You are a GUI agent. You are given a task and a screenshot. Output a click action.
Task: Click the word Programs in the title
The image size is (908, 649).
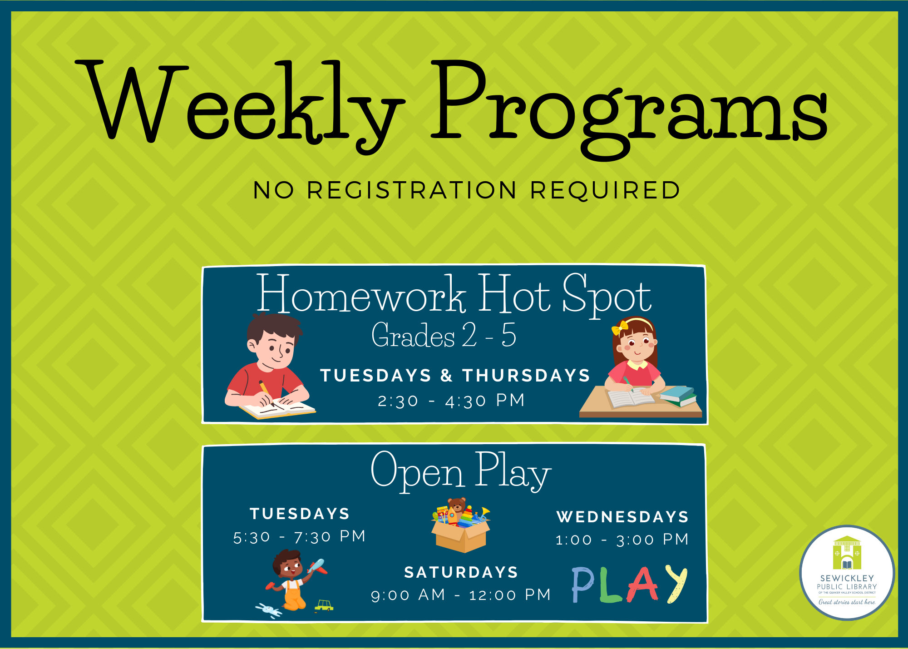point(629,109)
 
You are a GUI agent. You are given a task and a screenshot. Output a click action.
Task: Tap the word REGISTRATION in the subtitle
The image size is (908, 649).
point(412,190)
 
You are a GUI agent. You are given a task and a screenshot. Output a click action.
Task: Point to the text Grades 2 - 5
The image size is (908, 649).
point(444,335)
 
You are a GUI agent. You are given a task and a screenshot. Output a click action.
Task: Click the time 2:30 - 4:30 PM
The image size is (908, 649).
point(451,401)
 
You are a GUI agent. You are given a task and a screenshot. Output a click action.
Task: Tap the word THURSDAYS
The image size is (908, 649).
point(526,376)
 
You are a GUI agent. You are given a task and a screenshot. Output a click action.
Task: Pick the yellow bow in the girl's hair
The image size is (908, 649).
point(620,327)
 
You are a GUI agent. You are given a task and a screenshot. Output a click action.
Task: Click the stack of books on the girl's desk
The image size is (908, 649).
point(678,396)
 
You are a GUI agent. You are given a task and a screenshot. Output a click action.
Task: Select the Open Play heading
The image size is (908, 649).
point(461,471)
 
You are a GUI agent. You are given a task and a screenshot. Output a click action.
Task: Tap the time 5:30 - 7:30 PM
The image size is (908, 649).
point(299,536)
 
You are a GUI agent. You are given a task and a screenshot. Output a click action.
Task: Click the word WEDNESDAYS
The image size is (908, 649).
point(622,517)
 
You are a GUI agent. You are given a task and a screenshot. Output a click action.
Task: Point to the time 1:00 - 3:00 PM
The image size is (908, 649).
point(622,540)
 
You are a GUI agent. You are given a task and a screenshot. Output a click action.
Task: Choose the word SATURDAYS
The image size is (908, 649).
point(461,572)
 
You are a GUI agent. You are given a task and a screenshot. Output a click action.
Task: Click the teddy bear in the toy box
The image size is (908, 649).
point(457,506)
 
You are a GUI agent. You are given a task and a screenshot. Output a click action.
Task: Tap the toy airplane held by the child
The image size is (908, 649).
point(317,567)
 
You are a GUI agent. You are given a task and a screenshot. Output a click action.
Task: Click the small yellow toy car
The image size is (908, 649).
point(324,606)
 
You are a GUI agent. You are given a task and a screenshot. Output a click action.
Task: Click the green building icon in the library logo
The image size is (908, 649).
point(847,553)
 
